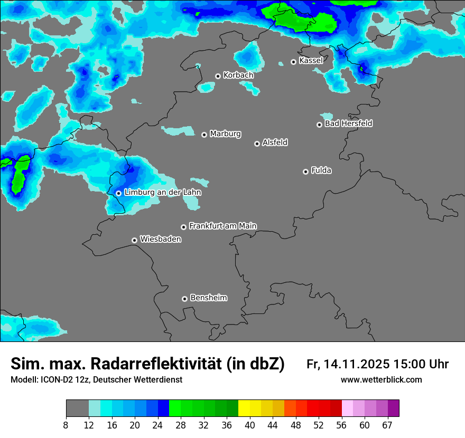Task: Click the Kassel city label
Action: [311, 61]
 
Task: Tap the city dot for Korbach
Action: [218, 76]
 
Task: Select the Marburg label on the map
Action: [225, 134]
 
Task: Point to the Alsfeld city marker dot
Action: [257, 144]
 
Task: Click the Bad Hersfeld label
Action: [348, 123]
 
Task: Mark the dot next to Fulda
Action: [305, 172]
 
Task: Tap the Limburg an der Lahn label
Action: [162, 193]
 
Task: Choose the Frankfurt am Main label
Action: [222, 226]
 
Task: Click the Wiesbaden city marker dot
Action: [134, 240]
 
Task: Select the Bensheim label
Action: [208, 298]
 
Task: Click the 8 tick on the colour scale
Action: [66, 425]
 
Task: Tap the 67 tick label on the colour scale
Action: [387, 425]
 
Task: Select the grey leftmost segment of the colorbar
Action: [77, 408]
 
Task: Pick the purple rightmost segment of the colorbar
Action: [393, 408]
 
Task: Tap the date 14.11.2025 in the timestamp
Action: [357, 364]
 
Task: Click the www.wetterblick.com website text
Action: [381, 380]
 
